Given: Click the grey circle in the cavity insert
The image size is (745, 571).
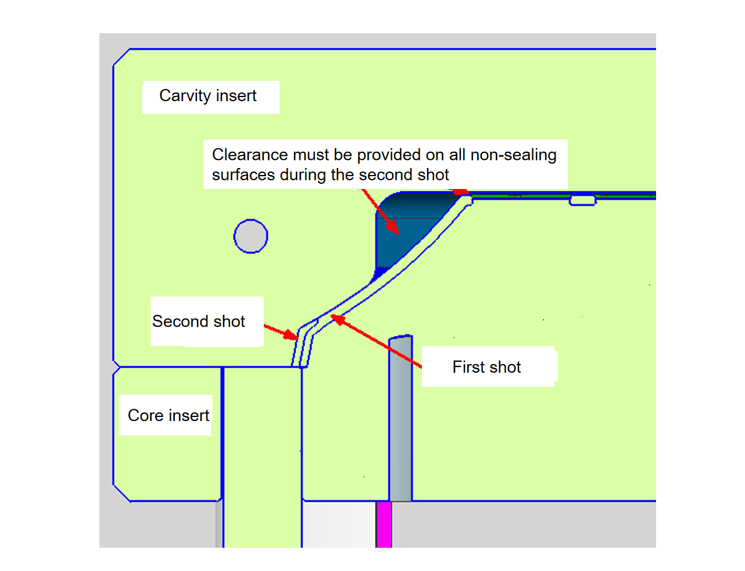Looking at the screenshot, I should pyautogui.click(x=250, y=236).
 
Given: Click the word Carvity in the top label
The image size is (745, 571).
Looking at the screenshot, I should pyautogui.click(x=185, y=95).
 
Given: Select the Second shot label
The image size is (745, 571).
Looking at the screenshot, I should pyautogui.click(x=199, y=322).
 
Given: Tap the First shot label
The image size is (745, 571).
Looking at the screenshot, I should pyautogui.click(x=486, y=367).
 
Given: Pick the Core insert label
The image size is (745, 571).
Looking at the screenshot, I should pyautogui.click(x=168, y=415).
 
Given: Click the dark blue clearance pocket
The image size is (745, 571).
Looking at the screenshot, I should pyautogui.click(x=407, y=233).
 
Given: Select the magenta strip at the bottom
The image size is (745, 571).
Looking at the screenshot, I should pyautogui.click(x=384, y=524).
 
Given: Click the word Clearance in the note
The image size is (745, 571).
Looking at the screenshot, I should pyautogui.click(x=250, y=155).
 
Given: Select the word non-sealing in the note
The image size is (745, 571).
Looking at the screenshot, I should pyautogui.click(x=513, y=155).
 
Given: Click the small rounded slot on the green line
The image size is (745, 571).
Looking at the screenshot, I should pyautogui.click(x=582, y=201).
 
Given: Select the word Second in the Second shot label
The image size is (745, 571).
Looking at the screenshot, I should pyautogui.click(x=180, y=322).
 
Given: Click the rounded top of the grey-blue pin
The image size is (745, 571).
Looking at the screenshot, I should pyautogui.click(x=400, y=338).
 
